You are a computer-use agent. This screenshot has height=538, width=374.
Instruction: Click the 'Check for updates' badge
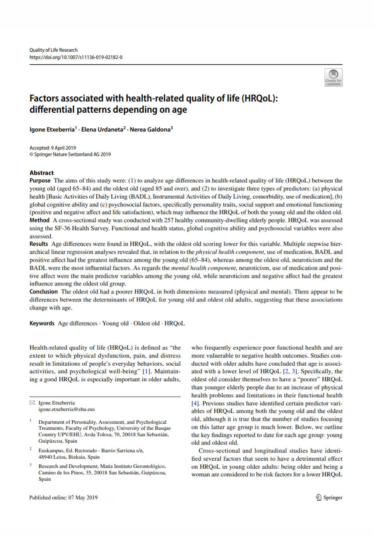tap(333, 77)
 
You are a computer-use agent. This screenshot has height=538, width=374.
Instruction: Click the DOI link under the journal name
tap(76, 57)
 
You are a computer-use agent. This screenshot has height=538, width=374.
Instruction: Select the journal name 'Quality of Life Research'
tap(53, 50)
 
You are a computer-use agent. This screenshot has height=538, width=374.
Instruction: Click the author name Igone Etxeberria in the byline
tap(52, 129)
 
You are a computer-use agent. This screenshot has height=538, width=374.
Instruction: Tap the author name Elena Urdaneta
tap(103, 129)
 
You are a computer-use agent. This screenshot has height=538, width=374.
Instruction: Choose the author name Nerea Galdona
tap(150, 129)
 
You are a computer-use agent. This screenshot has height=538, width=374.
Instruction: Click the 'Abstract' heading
tap(41, 173)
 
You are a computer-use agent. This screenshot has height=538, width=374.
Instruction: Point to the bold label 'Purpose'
tap(40, 181)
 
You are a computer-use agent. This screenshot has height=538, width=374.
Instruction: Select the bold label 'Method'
tap(39, 220)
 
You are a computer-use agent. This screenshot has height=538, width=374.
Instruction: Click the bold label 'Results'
tap(38, 244)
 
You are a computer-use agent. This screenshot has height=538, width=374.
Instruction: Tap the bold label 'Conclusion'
tap(43, 292)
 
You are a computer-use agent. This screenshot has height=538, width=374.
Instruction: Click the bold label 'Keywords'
tap(42, 324)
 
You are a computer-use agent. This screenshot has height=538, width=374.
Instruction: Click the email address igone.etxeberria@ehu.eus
tap(67, 409)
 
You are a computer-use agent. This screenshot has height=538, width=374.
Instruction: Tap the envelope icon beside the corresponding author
tap(32, 403)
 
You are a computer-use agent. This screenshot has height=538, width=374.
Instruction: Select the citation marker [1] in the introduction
tap(147, 372)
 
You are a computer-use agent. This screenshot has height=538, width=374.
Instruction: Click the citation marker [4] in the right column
tap(195, 403)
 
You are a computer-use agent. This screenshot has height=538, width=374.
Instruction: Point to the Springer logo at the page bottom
tap(329, 498)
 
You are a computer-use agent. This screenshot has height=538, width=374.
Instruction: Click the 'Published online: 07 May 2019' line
tap(63, 498)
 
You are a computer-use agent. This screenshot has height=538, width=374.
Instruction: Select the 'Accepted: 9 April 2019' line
tap(53, 148)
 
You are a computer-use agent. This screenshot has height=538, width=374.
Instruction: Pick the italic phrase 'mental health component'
tap(203, 268)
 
